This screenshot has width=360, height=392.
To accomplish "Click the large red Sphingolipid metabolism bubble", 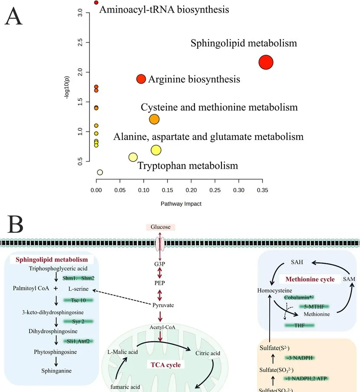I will (x=266, y=62).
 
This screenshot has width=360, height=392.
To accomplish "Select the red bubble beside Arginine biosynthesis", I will (x=141, y=79).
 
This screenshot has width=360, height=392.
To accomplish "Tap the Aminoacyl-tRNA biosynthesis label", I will (x=164, y=9).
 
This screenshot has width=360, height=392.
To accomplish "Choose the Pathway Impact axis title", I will (x=181, y=203).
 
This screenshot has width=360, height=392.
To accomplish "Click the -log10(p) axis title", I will (x=67, y=86).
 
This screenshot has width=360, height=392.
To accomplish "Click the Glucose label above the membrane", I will (x=161, y=227).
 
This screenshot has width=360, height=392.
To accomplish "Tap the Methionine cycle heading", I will (x=310, y=279).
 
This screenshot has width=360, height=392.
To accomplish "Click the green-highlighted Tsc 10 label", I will (x=78, y=300).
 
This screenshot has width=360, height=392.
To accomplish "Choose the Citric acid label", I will (x=208, y=353).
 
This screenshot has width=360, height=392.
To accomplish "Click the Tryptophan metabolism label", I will (x=188, y=166).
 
